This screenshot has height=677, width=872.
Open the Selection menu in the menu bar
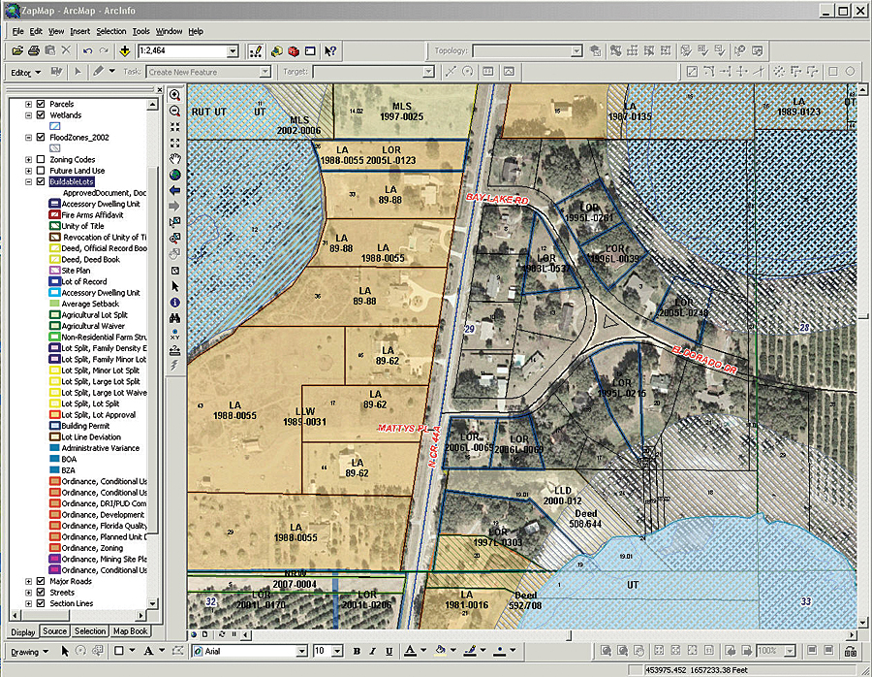click(x=110, y=31)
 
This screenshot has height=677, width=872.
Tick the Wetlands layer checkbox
click(x=41, y=114)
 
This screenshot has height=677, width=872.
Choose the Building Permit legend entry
click(x=86, y=426)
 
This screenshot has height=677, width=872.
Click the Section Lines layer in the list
click(x=73, y=603)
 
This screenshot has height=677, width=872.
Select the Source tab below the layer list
click(x=55, y=631)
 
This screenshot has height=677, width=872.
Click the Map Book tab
click(x=130, y=631)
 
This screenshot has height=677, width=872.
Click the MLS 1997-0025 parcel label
click(x=401, y=112)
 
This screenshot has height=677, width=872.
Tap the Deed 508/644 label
click(x=585, y=518)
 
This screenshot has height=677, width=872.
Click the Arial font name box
click(x=252, y=651)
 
